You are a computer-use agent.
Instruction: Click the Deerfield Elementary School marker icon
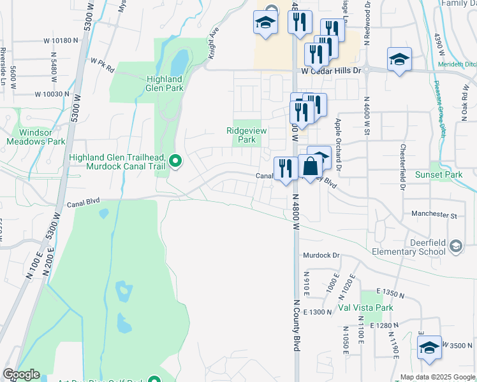tap(455, 246)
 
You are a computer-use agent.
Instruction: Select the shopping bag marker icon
tap(310, 167)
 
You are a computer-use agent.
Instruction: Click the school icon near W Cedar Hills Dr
tap(399, 60)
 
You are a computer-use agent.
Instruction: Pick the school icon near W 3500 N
tap(429, 348)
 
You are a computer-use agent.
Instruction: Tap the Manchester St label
tap(435, 215)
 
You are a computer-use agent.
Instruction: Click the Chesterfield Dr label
tap(402, 167)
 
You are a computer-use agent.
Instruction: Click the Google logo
tap(21, 374)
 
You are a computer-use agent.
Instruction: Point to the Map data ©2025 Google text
tap(437, 377)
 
